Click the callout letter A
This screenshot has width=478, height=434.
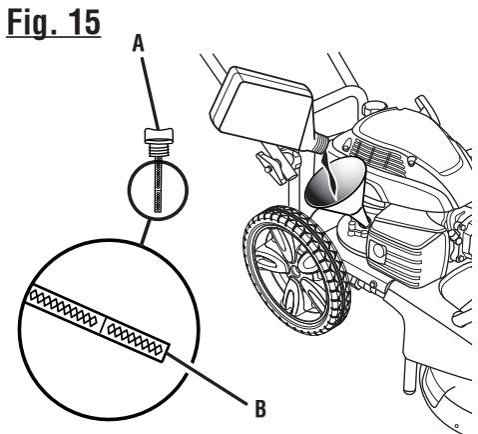click(x=139, y=44)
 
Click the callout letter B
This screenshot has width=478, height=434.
click(x=260, y=408)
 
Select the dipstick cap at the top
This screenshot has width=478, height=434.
click(x=159, y=135)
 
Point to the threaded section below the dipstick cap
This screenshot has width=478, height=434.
click(x=159, y=150)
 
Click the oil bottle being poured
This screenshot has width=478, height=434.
click(x=262, y=107)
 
